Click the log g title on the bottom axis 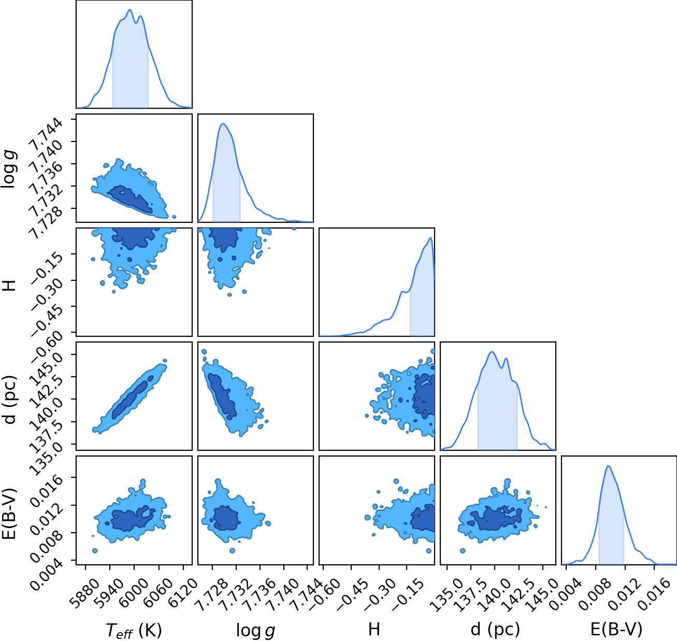255,630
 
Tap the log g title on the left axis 10,169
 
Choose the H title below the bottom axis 374,629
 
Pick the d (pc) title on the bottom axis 495,629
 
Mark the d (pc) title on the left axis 10,399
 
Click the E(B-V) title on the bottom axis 616,629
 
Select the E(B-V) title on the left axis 10,513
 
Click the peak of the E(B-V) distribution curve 609,466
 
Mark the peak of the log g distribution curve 223,124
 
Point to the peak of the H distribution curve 430,238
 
